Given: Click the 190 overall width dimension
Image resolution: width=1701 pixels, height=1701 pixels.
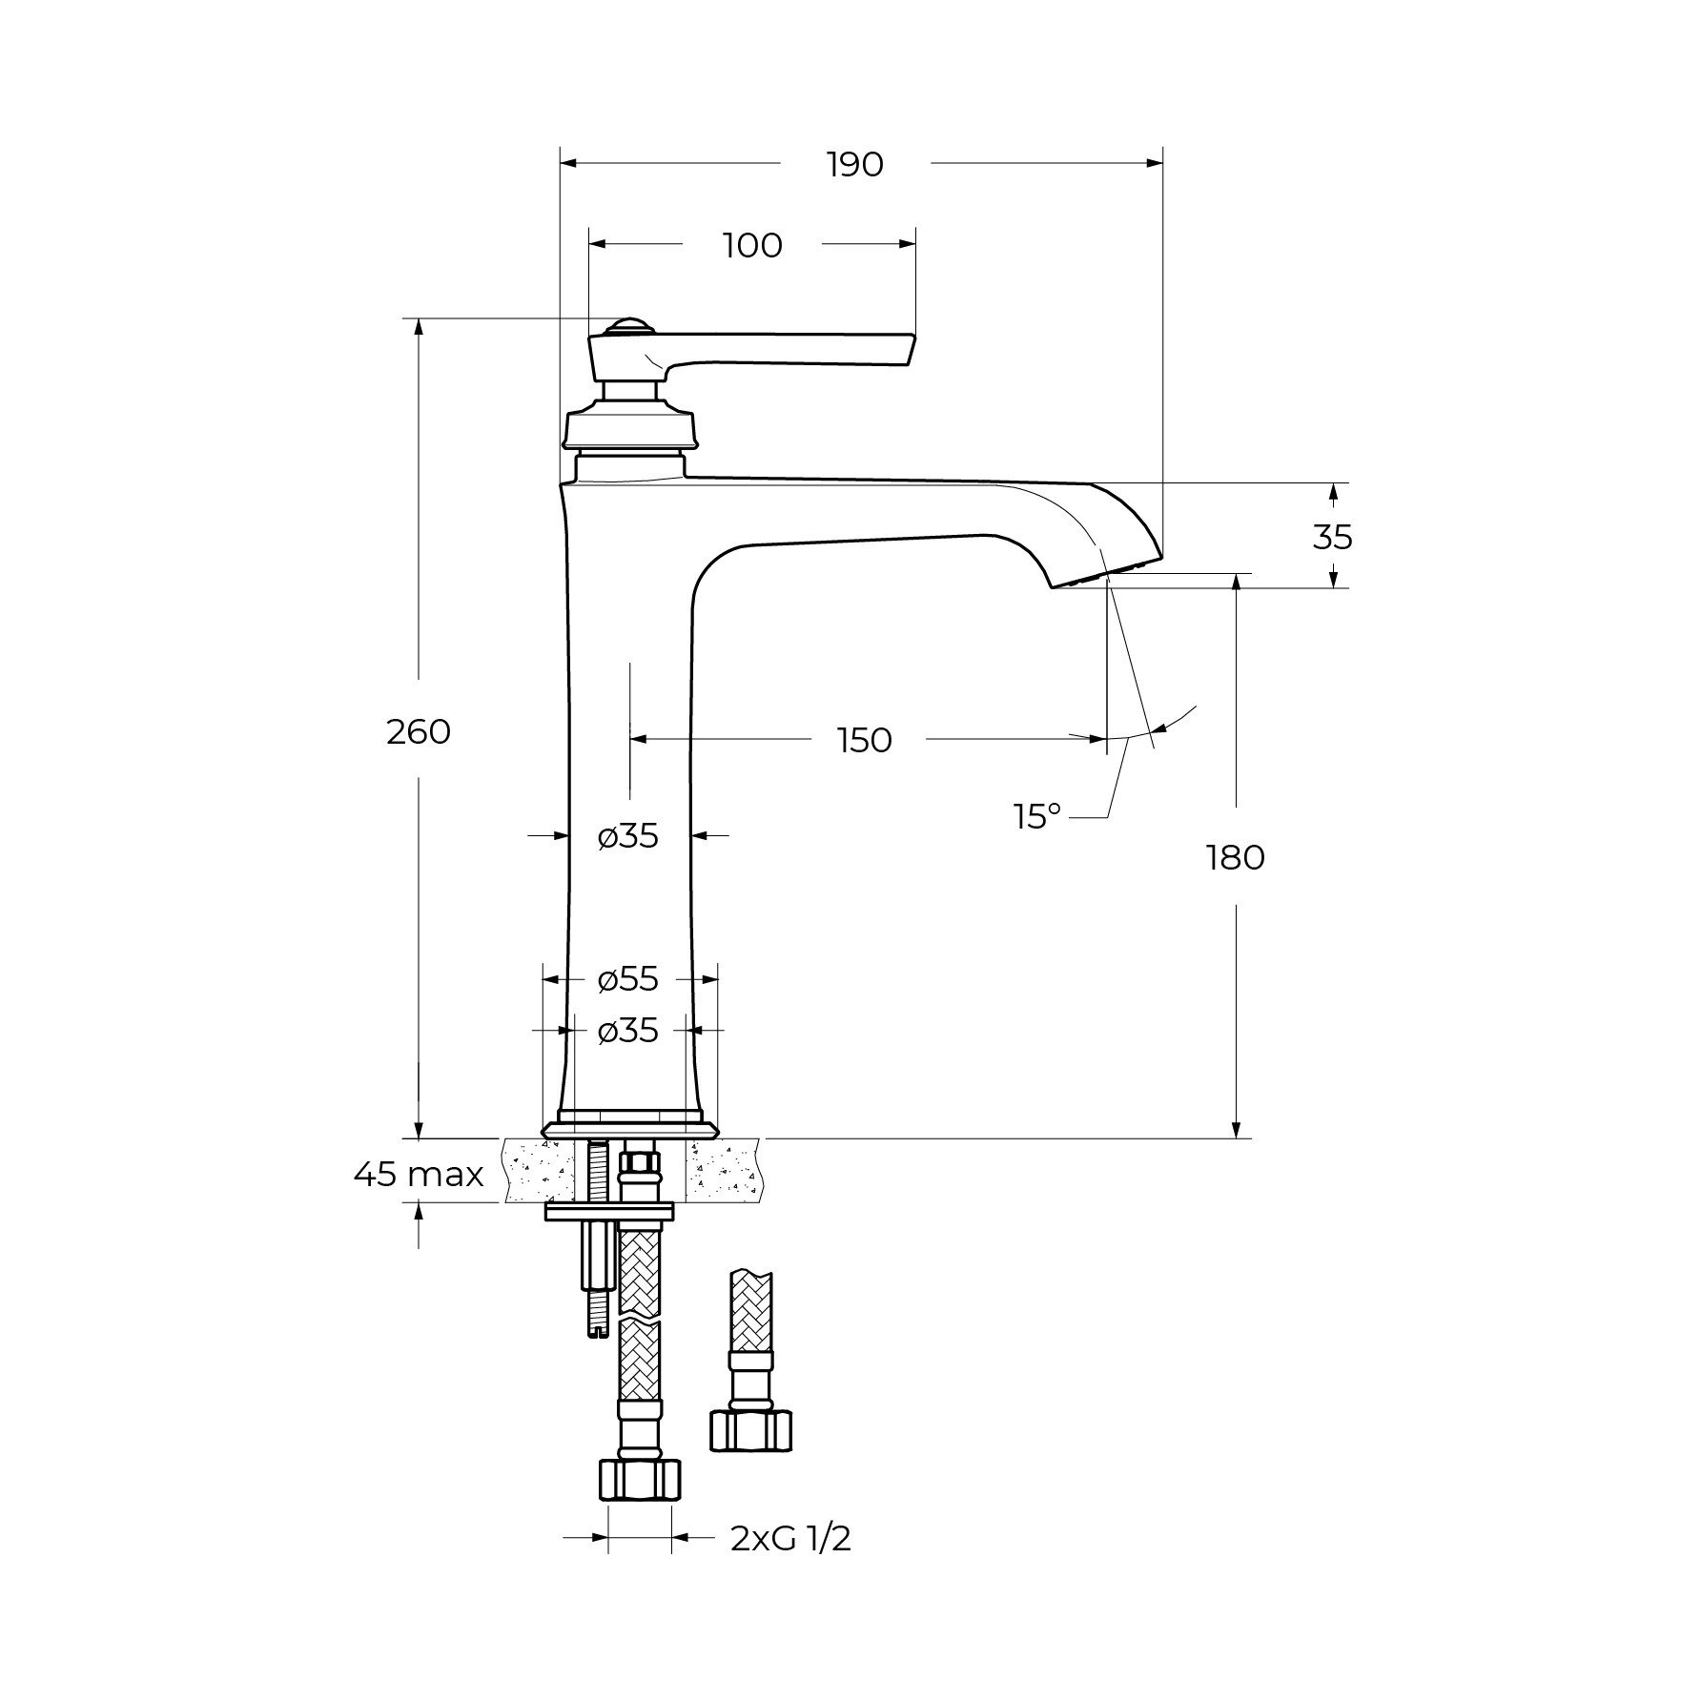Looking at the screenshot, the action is pyautogui.click(x=855, y=165).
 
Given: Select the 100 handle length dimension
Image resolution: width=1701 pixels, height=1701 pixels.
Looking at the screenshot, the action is pyautogui.click(x=752, y=246).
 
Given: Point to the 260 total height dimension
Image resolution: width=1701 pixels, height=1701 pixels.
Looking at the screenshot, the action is pyautogui.click(x=419, y=732).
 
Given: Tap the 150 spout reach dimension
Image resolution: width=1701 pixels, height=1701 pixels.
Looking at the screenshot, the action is pyautogui.click(x=865, y=740).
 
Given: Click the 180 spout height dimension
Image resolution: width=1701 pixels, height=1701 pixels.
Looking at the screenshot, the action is pyautogui.click(x=1236, y=858).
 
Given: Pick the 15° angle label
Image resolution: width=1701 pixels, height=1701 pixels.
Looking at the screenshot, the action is pyautogui.click(x=1037, y=816).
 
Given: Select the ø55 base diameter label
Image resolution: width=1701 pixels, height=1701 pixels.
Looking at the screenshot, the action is pyautogui.click(x=628, y=978).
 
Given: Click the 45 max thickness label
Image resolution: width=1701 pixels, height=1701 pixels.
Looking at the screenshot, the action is pyautogui.click(x=419, y=1175).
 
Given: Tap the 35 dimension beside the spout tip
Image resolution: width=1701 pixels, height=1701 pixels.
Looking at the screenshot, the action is pyautogui.click(x=1332, y=538).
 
